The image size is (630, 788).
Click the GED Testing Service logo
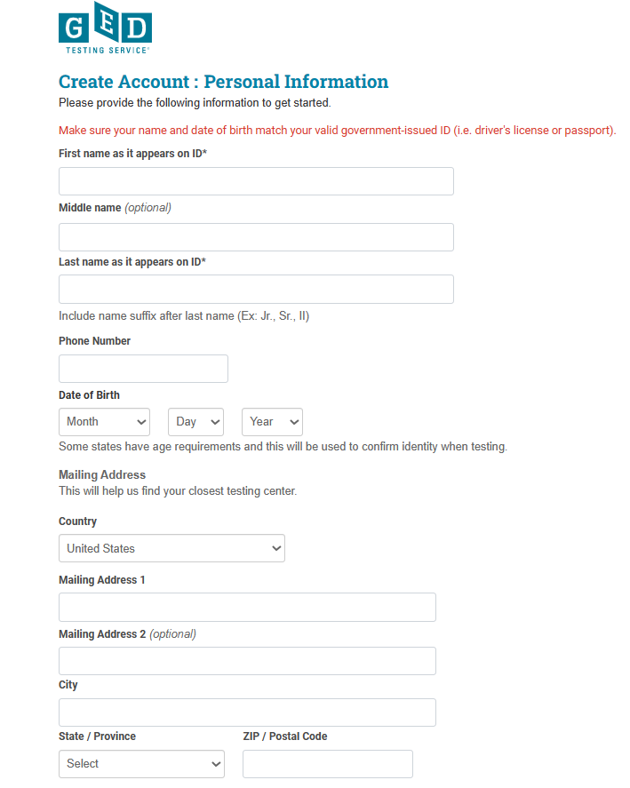click(x=105, y=28)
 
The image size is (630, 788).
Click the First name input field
click(x=256, y=181)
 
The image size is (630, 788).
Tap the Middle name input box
click(x=256, y=237)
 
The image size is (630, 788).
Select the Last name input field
click(x=256, y=290)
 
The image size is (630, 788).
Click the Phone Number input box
click(x=143, y=369)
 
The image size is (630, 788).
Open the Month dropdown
click(x=104, y=422)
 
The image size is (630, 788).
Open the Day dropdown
click(x=195, y=422)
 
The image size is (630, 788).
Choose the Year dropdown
click(x=272, y=422)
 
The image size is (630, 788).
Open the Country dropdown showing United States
click(x=171, y=548)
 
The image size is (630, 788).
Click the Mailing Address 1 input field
click(x=247, y=607)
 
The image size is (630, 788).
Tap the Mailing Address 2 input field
click(x=247, y=661)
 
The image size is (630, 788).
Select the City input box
click(x=247, y=712)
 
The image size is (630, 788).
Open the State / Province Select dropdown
click(x=141, y=764)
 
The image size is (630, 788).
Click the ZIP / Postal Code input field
click(x=327, y=764)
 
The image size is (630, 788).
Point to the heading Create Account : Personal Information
click(x=223, y=82)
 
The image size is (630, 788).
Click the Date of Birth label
click(x=89, y=395)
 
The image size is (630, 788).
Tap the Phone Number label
click(x=94, y=341)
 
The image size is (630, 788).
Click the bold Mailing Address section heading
click(x=101, y=475)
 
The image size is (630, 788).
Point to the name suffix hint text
click(x=183, y=316)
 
